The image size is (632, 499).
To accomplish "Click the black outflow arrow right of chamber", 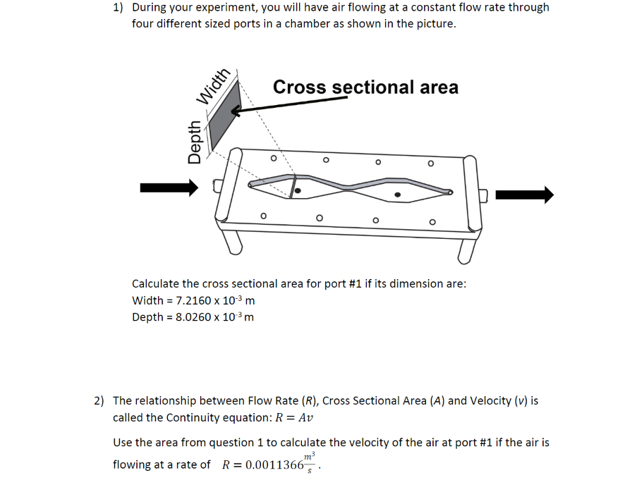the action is pyautogui.click(x=524, y=195).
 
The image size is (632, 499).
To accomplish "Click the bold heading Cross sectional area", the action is pyautogui.click(x=365, y=87).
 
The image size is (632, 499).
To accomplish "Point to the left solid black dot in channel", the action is pyautogui.click(x=298, y=190).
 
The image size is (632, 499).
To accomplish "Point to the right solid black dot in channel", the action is pyautogui.click(x=398, y=195).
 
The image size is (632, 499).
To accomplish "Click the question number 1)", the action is pyautogui.click(x=118, y=8).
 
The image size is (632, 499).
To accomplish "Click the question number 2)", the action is pyautogui.click(x=99, y=401).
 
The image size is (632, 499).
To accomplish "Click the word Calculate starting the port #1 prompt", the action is pyautogui.click(x=155, y=284).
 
